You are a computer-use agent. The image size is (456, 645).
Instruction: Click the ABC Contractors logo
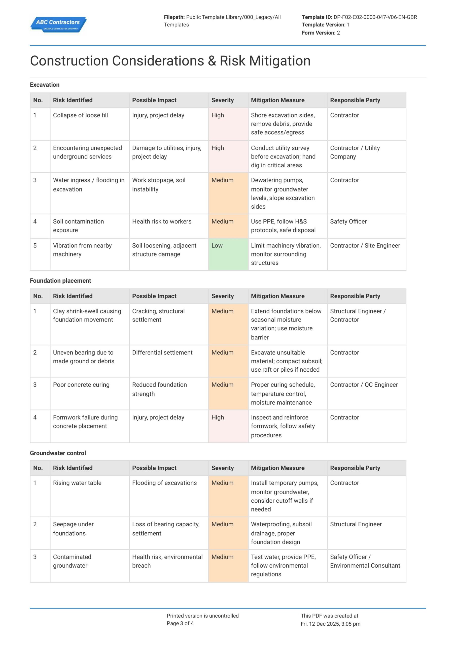click(58, 24)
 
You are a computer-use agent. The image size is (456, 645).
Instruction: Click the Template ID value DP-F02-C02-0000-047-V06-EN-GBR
click(375, 17)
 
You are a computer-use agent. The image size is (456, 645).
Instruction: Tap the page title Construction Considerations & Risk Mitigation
click(170, 61)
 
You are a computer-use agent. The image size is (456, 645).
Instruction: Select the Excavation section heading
click(45, 85)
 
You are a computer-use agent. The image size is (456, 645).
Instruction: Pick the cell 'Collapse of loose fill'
click(80, 115)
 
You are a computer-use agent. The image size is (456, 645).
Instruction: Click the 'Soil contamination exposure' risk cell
click(78, 226)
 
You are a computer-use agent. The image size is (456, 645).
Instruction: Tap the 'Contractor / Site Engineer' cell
click(365, 246)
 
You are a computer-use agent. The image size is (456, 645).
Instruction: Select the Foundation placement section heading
click(60, 281)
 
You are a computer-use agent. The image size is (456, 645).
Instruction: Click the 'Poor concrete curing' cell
click(81, 385)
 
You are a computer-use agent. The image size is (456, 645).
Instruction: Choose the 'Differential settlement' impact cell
click(162, 352)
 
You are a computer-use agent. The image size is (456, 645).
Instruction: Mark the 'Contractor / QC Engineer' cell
click(364, 385)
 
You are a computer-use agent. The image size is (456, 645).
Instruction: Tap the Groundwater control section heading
click(58, 453)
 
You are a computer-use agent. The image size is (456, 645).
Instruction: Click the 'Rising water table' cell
click(77, 483)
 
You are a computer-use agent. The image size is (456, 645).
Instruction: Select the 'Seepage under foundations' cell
click(73, 529)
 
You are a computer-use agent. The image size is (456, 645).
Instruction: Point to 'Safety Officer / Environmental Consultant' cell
click(365, 561)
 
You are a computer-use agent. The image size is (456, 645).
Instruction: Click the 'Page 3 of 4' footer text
click(180, 623)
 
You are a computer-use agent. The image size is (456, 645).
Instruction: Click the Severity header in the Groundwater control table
click(222, 468)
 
